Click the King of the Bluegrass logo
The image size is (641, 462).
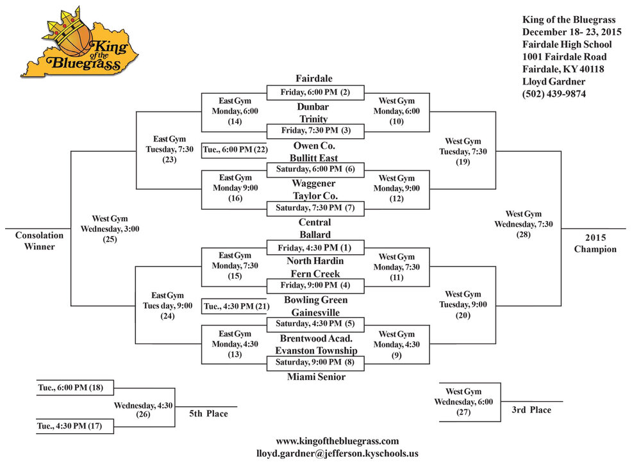pyautogui.click(x=79, y=42)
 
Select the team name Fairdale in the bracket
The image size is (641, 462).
pyautogui.click(x=314, y=78)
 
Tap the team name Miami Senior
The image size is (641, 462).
pyautogui.click(x=316, y=377)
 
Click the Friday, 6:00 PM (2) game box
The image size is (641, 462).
pyautogui.click(x=315, y=92)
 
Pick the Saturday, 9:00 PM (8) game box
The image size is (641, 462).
pyautogui.click(x=315, y=362)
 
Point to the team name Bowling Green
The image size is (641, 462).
pyautogui.click(x=315, y=300)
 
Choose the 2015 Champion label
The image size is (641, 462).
pyautogui.click(x=595, y=243)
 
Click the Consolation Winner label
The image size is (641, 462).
pyautogui.click(x=39, y=241)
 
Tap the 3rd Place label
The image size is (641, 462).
pyautogui.click(x=531, y=409)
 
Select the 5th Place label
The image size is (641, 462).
pyautogui.click(x=208, y=414)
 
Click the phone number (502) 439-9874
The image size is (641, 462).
pyautogui.click(x=554, y=94)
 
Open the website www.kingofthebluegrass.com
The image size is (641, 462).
pyautogui.click(x=337, y=441)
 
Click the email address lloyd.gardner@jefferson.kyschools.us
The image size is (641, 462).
pyautogui.click(x=337, y=454)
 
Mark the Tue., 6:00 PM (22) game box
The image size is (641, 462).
pyautogui.click(x=235, y=151)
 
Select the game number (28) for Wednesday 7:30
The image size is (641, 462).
pyautogui.click(x=523, y=235)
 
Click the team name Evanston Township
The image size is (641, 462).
pyautogui.click(x=316, y=351)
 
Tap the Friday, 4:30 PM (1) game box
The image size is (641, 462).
pyautogui.click(x=315, y=248)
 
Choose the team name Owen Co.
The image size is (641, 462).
pyautogui.click(x=314, y=146)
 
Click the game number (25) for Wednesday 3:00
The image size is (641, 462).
pyautogui.click(x=110, y=240)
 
